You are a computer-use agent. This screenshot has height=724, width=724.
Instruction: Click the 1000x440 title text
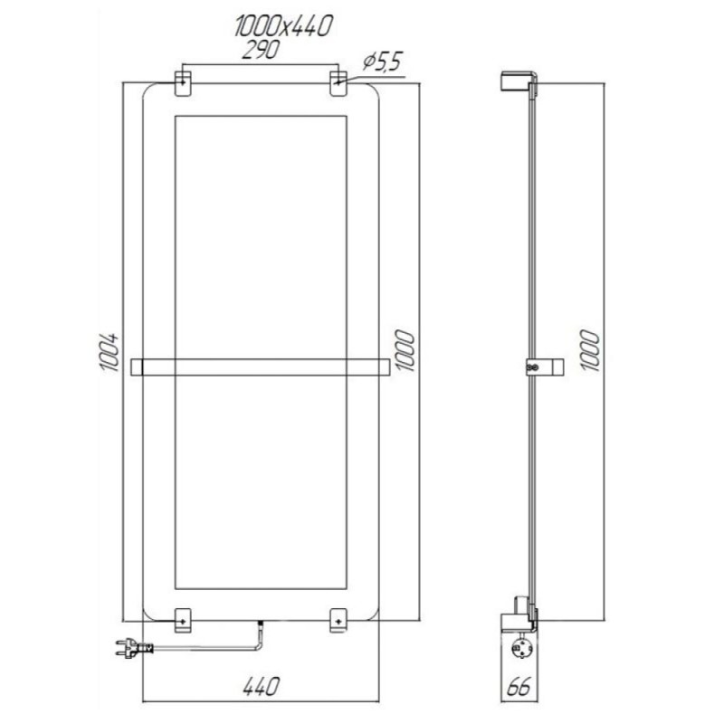(x=282, y=26)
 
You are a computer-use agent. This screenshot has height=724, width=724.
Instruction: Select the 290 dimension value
(x=261, y=50)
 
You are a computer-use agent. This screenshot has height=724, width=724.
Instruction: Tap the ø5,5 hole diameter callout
(x=383, y=62)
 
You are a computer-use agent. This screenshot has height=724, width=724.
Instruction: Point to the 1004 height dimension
(x=110, y=352)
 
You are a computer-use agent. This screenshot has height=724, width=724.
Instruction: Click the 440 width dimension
(x=261, y=687)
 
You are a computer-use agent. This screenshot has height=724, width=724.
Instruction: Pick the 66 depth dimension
(x=519, y=687)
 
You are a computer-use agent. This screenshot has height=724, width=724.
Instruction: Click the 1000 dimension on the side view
(x=590, y=350)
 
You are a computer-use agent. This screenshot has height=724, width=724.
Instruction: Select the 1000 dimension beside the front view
(x=405, y=350)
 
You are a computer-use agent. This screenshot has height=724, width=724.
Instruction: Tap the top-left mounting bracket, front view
(x=183, y=83)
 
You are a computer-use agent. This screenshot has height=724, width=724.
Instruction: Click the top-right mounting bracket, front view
(x=338, y=83)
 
